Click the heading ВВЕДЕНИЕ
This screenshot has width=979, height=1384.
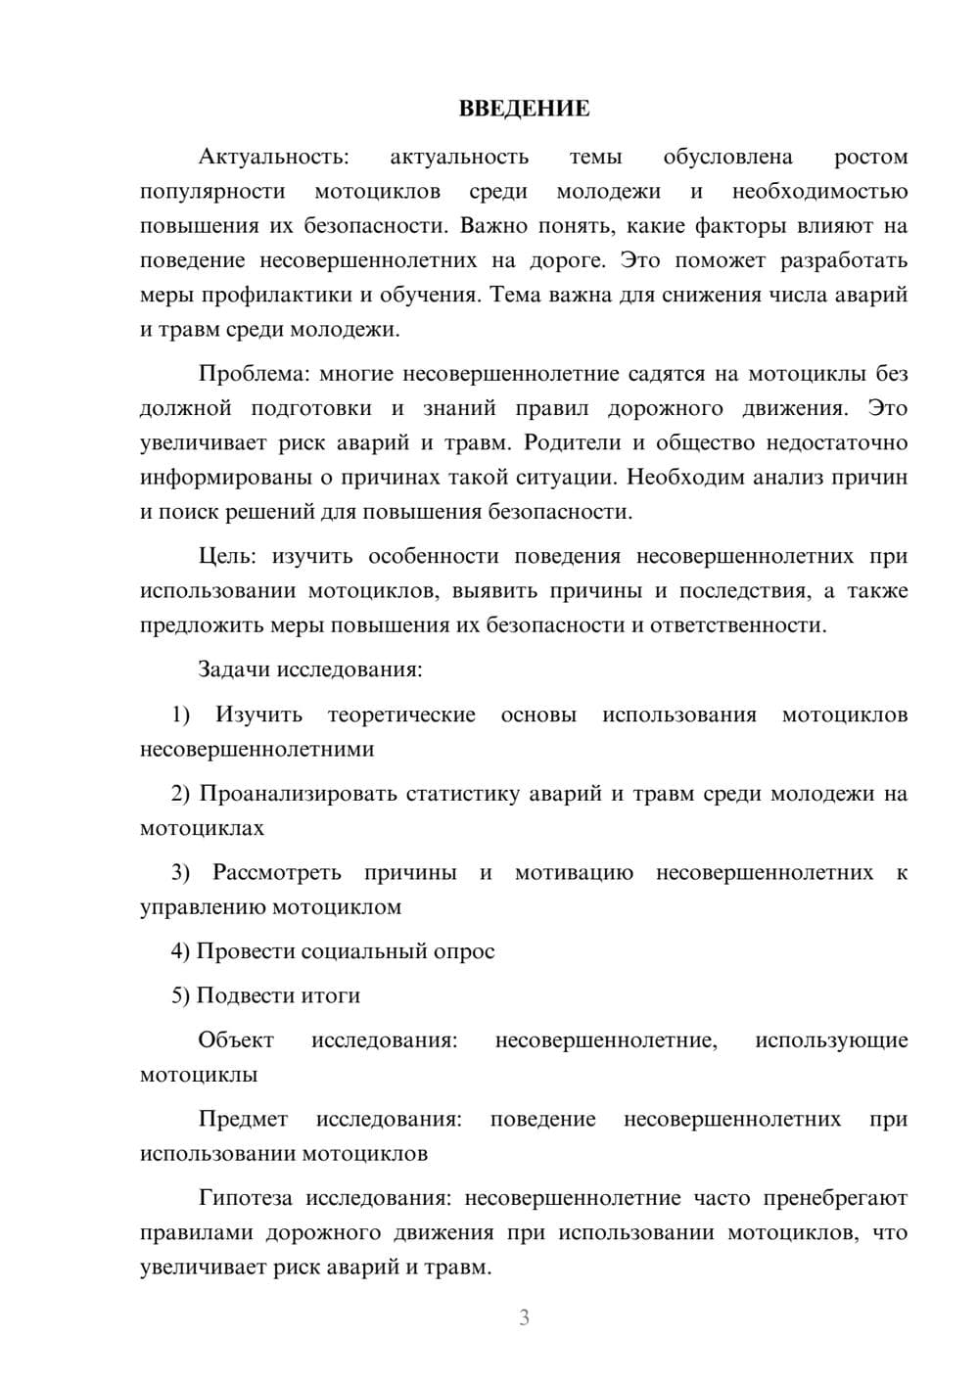[524, 109]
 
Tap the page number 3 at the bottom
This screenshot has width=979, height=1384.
[524, 1317]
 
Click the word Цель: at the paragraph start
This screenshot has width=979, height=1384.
[227, 556]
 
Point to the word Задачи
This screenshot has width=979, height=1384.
[234, 669]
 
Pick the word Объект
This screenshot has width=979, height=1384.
[236, 1039]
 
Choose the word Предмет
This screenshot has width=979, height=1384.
[243, 1119]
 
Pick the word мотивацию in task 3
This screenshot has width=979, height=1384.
[574, 872]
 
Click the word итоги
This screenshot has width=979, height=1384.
[329, 995]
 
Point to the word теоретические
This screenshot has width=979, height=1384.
[401, 715]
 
